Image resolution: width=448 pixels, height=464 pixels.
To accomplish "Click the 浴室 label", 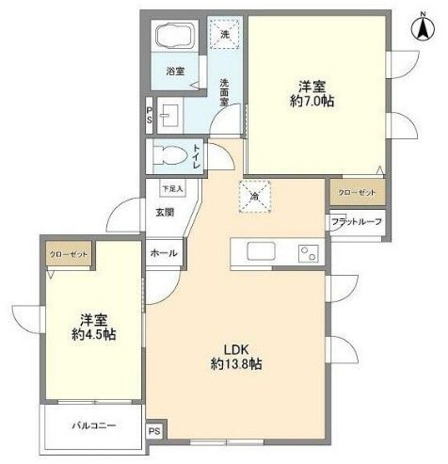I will click(x=176, y=71).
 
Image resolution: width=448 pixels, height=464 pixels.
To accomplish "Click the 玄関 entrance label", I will click(x=165, y=213).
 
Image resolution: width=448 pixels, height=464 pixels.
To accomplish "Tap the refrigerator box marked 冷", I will click(x=254, y=195).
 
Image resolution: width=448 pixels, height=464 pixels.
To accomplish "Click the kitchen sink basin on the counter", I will click(x=260, y=252).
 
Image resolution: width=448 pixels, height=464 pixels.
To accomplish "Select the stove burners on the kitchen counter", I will click(x=307, y=252).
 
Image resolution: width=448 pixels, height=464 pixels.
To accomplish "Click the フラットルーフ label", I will click(x=356, y=222).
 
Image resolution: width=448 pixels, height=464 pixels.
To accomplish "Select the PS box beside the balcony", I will click(x=154, y=432).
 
